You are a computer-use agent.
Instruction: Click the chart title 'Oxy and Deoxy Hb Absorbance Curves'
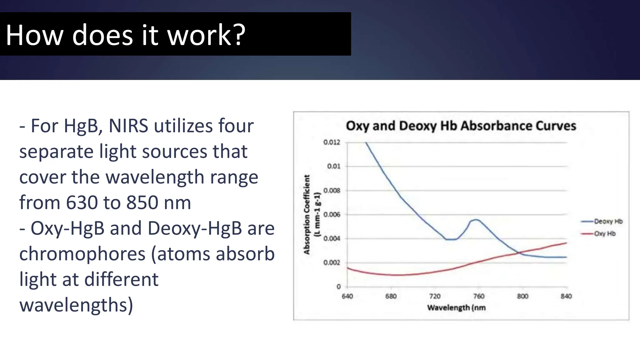(x=461, y=126)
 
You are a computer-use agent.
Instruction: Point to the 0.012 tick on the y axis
(x=332, y=142)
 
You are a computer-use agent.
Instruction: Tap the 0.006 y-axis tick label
(x=332, y=215)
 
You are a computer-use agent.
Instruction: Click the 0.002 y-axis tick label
(x=332, y=263)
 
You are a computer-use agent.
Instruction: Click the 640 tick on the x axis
(x=347, y=296)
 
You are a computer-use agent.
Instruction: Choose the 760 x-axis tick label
(x=478, y=296)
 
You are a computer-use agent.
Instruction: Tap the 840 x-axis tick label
(x=566, y=296)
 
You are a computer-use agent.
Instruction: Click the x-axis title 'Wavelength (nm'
(x=456, y=308)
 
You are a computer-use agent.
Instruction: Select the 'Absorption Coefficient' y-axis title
(x=307, y=214)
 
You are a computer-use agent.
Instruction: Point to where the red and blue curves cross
(x=520, y=253)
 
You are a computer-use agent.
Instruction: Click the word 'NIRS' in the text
(x=128, y=126)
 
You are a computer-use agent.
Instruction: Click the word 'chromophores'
(x=82, y=254)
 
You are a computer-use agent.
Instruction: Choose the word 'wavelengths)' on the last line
(x=76, y=305)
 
